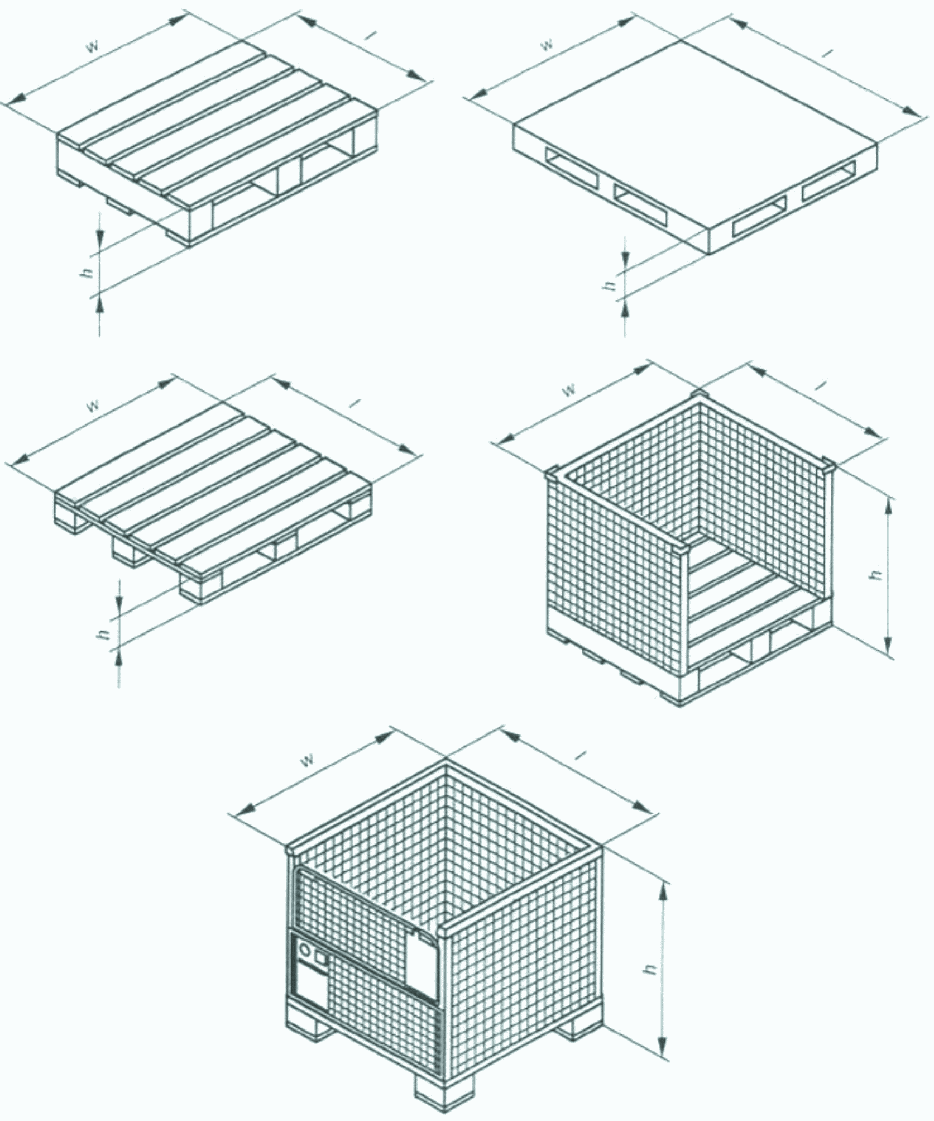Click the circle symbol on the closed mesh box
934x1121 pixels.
(305, 948)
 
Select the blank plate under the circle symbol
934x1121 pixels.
(311, 986)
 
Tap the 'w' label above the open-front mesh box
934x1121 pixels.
(568, 389)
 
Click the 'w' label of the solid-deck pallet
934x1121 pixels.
(547, 45)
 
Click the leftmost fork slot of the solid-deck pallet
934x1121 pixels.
(569, 169)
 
